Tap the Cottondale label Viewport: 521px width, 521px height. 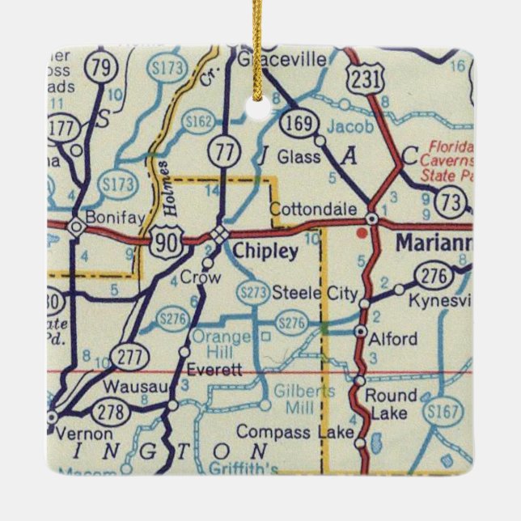point(312,210)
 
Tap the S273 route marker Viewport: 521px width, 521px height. point(252,292)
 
